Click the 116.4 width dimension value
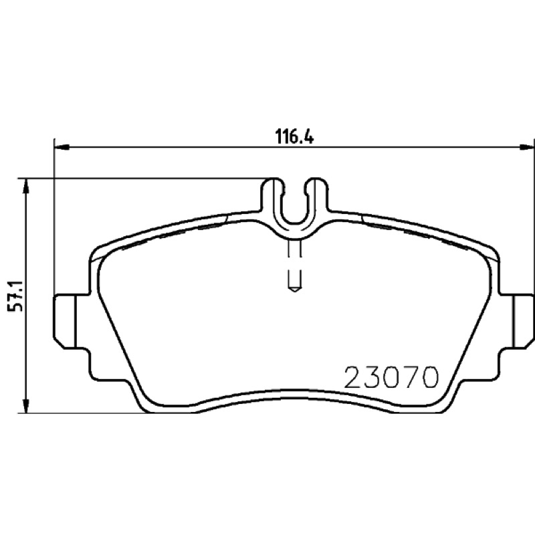point(294,137)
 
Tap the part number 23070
point(391,377)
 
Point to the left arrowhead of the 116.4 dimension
point(62,147)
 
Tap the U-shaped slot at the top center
point(294,208)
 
